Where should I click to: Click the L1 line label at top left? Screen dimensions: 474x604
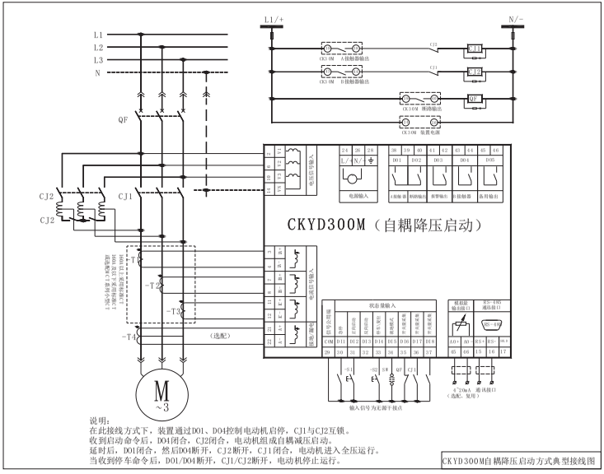98,35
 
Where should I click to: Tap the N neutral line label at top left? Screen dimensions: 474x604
98,72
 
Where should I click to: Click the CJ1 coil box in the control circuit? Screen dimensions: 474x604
474,48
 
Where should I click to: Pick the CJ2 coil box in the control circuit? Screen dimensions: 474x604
474,72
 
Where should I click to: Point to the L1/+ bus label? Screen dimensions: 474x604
273,16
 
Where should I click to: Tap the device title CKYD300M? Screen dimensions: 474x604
325,223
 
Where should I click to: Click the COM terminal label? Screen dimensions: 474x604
329,339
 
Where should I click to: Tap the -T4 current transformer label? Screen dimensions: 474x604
129,337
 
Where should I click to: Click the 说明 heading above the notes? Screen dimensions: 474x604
99,420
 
